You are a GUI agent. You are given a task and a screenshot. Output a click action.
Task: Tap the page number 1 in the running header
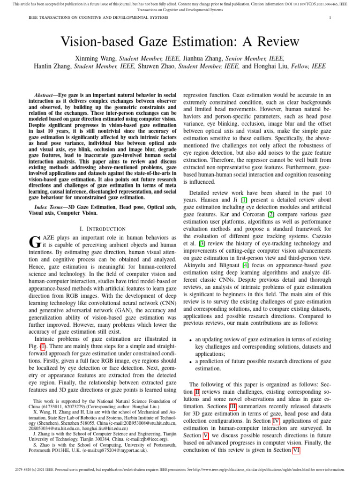(330, 18)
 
